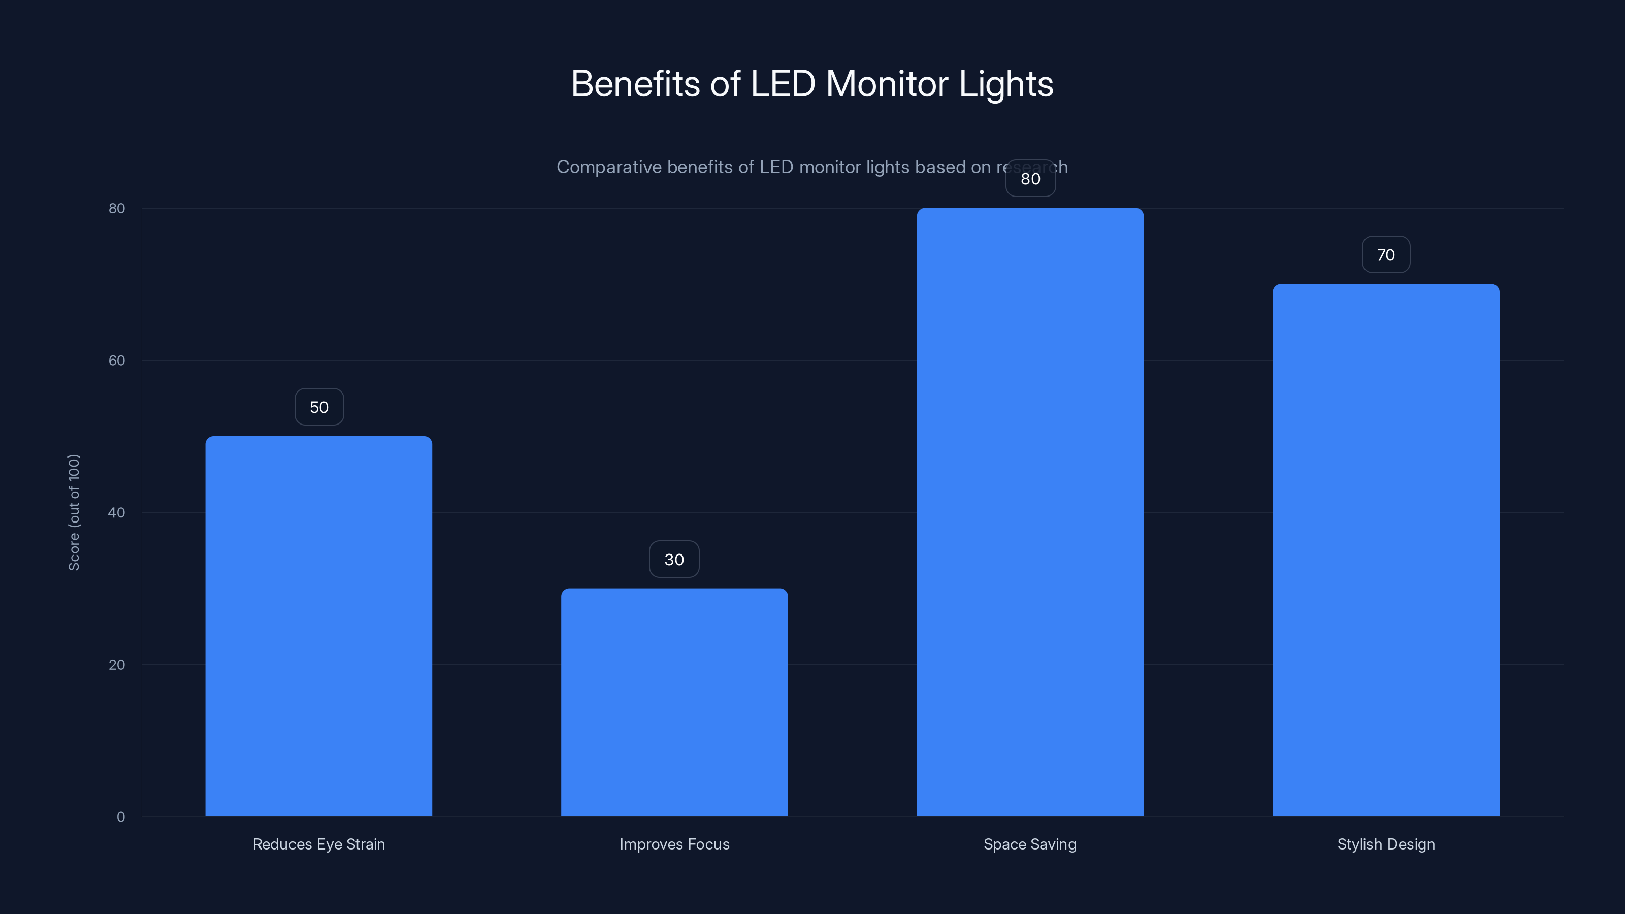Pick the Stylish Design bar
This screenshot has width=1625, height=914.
click(x=1385, y=549)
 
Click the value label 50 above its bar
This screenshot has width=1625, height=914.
click(x=319, y=407)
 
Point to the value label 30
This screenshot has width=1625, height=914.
click(x=674, y=560)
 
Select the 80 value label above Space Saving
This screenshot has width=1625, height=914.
click(x=1030, y=179)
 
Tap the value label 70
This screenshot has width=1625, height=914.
click(x=1385, y=255)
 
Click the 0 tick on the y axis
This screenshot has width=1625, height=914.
click(x=120, y=817)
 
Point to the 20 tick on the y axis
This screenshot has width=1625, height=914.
click(x=117, y=665)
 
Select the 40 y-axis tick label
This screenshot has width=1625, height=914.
click(x=117, y=513)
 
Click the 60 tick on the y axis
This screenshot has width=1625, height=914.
click(x=117, y=360)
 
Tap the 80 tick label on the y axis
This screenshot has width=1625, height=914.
click(x=117, y=208)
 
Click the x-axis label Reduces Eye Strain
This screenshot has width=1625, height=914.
click(x=318, y=844)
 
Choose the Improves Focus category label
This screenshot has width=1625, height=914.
click(x=674, y=844)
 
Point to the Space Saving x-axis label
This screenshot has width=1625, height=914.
click(x=1030, y=844)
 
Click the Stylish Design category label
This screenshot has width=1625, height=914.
click(x=1385, y=844)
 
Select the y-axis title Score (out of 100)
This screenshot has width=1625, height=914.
click(x=74, y=512)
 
